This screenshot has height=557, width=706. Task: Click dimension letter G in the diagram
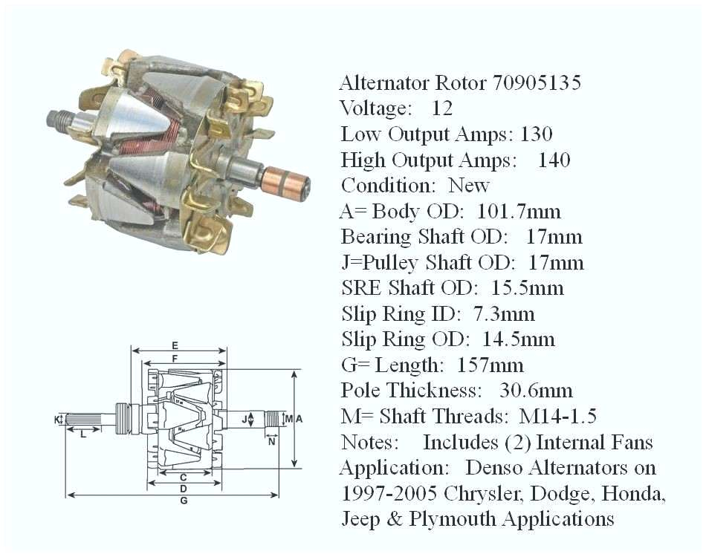pyautogui.click(x=184, y=501)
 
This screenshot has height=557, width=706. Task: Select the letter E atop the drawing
pyautogui.click(x=175, y=345)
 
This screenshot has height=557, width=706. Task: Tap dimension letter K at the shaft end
pyautogui.click(x=57, y=420)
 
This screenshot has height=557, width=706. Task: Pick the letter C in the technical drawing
pyautogui.click(x=182, y=475)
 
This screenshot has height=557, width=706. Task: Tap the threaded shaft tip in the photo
pyautogui.click(x=59, y=118)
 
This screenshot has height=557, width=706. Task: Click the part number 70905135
pyautogui.click(x=537, y=82)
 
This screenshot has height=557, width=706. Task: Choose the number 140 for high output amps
pyautogui.click(x=554, y=160)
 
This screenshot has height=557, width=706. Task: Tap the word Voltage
pyautogui.click(x=376, y=108)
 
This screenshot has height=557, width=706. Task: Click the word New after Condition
pyautogui.click(x=469, y=186)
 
